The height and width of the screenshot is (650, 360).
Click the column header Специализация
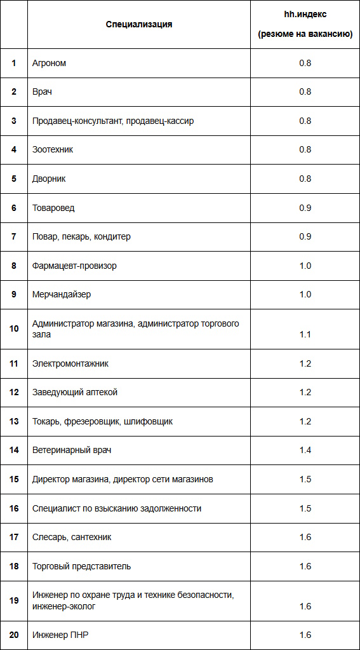(x=139, y=25)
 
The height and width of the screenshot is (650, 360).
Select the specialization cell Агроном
(x=50, y=63)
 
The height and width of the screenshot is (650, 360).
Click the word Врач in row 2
(x=42, y=91)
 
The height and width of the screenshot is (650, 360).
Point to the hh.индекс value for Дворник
(x=305, y=179)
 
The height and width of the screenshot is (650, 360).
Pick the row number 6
(x=14, y=208)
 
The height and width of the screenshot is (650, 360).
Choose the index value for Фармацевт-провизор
(x=305, y=266)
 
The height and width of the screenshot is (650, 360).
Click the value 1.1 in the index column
(x=305, y=334)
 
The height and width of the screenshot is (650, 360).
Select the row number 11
(x=14, y=363)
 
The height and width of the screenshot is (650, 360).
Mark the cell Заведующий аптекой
(x=75, y=392)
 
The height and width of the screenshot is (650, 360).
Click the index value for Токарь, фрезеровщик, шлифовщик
(x=305, y=421)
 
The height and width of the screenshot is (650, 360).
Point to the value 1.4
(x=305, y=450)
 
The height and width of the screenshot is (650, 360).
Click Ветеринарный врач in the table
(x=72, y=450)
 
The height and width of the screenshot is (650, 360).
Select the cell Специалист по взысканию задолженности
(x=117, y=508)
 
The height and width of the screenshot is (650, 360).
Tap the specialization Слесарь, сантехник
(x=72, y=537)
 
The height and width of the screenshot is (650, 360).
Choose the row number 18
(x=14, y=566)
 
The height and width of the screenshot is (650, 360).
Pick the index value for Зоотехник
(x=305, y=149)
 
